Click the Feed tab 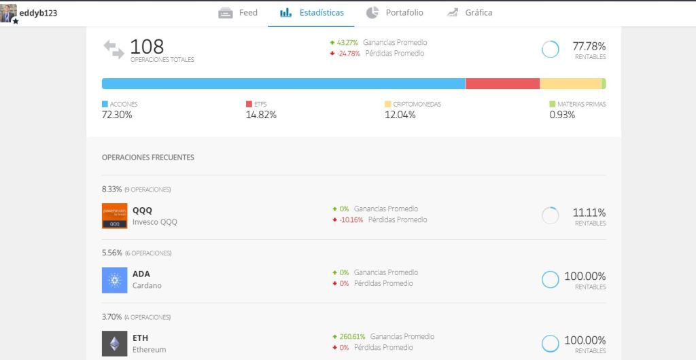pos(239,13)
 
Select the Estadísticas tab pos(312,13)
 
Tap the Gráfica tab pos(470,13)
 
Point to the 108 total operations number pos(147,46)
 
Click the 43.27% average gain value pos(347,42)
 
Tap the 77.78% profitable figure pos(589,46)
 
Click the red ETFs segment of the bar pos(502,84)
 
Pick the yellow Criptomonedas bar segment pos(570,84)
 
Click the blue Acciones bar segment pos(283,84)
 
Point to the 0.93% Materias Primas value pos(562,115)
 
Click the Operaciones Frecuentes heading pos(147,157)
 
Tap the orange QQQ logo pos(114,215)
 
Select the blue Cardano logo pos(114,279)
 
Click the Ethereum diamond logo pos(114,343)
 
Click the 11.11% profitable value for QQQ pos(589,213)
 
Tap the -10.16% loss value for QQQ pos(351,219)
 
